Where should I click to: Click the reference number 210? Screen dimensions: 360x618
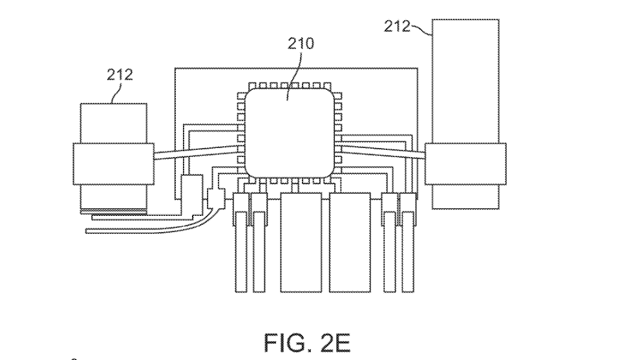pos(301,44)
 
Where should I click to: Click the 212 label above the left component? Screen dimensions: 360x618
pos(120,74)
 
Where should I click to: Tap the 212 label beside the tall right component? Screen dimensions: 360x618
pos(398,26)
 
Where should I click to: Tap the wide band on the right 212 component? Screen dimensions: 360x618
pos(465,164)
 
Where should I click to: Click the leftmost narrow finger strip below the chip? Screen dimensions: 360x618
pos(240,252)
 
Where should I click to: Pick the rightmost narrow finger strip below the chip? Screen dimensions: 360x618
pos(407,252)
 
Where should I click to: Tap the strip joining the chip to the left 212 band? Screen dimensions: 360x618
pos(194,154)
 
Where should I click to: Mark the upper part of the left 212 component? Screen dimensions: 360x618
pos(112,123)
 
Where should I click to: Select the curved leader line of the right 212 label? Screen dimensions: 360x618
pos(421,28)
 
